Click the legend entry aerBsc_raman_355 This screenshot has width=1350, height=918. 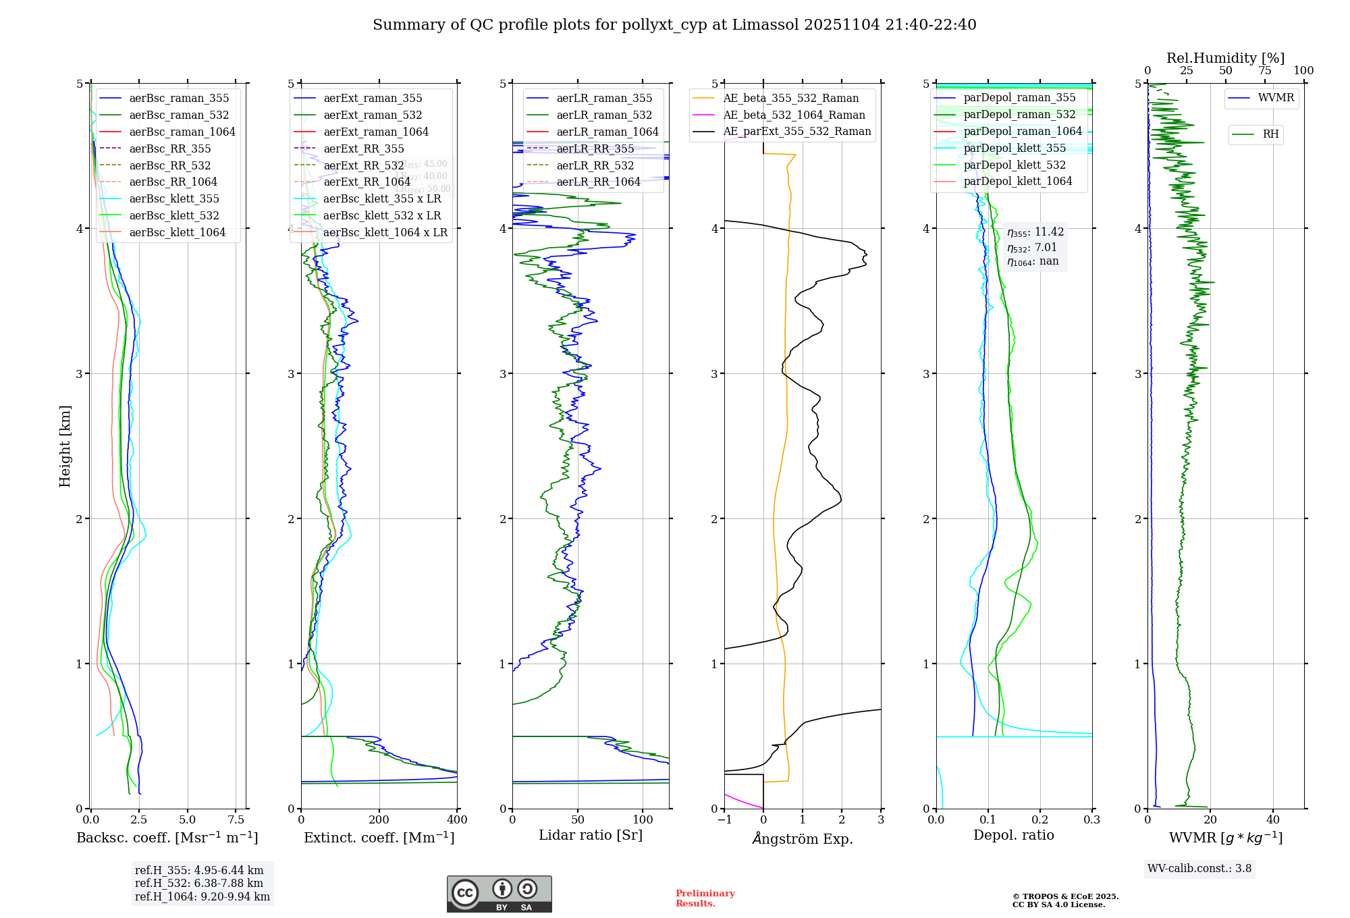(179, 99)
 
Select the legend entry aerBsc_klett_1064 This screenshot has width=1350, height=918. (177, 233)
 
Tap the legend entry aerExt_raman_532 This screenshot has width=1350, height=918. (373, 115)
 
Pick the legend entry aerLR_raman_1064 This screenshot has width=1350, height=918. (607, 132)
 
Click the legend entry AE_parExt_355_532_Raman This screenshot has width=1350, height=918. (796, 132)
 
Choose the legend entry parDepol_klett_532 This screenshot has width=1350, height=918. (1014, 165)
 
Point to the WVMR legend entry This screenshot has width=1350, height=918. (1276, 98)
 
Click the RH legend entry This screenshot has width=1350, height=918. (1270, 134)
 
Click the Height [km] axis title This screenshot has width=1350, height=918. (65, 446)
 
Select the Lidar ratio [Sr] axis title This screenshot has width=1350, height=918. (591, 836)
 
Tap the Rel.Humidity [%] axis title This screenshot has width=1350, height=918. (1225, 58)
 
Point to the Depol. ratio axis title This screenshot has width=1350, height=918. (1013, 836)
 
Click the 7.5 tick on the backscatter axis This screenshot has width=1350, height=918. (236, 820)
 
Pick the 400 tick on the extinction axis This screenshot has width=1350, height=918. (457, 820)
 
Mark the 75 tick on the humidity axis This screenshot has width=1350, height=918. (1264, 71)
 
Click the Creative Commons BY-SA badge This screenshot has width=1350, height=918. (499, 894)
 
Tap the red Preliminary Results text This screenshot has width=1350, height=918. (705, 898)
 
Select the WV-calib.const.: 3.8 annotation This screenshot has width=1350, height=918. (1199, 869)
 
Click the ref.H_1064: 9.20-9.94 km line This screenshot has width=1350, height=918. (202, 897)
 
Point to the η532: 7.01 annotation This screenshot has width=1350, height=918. (1031, 248)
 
